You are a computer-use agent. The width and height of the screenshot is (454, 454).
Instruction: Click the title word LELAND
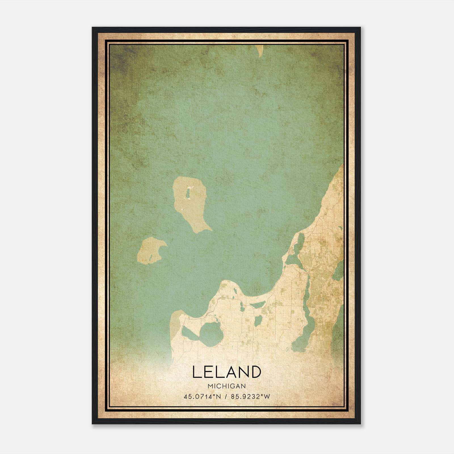pos(226,372)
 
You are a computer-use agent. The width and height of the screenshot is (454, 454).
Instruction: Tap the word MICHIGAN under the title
pos(226,386)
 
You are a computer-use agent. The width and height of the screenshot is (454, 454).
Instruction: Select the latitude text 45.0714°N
pos(202,397)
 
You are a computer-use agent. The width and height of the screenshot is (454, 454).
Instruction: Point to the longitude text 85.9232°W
pos(251,397)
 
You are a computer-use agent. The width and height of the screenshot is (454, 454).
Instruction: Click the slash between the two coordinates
pos(226,397)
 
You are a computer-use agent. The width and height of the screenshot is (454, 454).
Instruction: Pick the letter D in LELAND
pos(255,372)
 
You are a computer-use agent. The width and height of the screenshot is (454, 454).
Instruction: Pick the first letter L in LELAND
pos(196,372)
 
